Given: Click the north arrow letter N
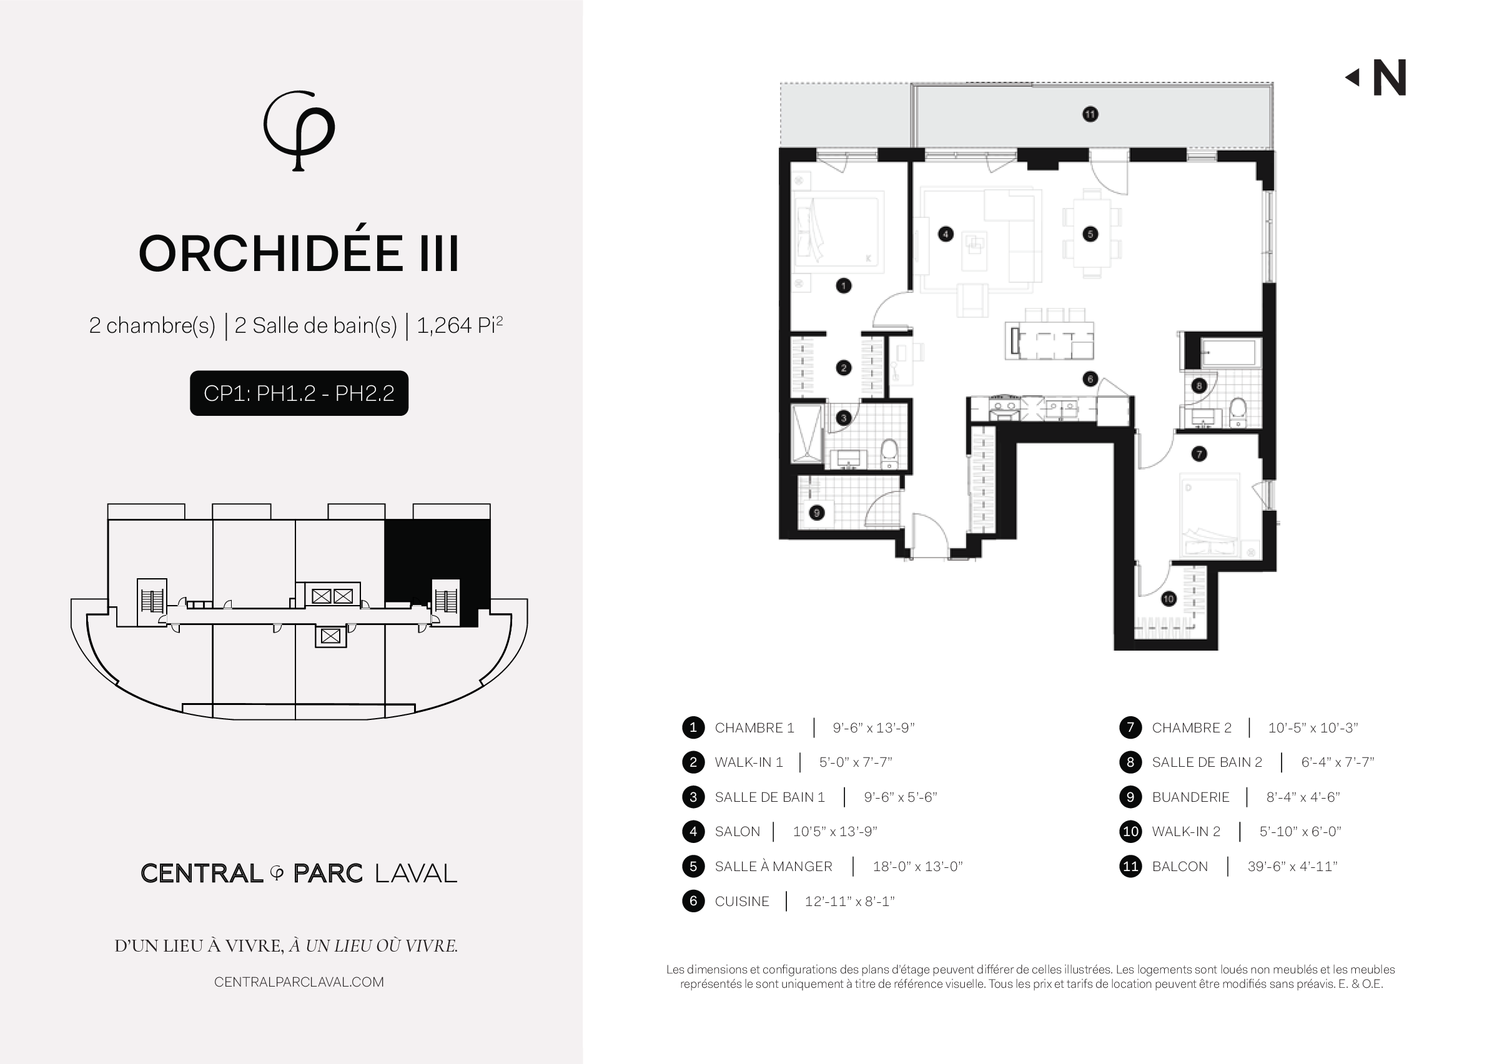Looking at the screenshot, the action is point(1389,78).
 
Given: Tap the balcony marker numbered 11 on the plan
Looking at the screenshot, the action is point(1090,115).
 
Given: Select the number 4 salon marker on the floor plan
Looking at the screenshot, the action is point(945,234).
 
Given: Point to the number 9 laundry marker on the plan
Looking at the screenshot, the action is point(816,513).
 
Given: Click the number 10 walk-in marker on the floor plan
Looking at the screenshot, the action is point(1168,598).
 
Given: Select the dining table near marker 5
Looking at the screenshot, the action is point(1092,234).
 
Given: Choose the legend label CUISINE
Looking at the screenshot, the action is point(742,902).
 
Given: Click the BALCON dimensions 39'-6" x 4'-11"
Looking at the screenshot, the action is point(1292,867).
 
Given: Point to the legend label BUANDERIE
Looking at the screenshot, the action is point(1190,797).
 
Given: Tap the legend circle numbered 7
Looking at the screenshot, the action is point(1130,728).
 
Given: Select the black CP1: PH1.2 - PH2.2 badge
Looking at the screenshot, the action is point(299,393).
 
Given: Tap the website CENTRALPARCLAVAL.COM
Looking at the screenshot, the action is point(299,982).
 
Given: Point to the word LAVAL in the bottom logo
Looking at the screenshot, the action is point(415,874).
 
